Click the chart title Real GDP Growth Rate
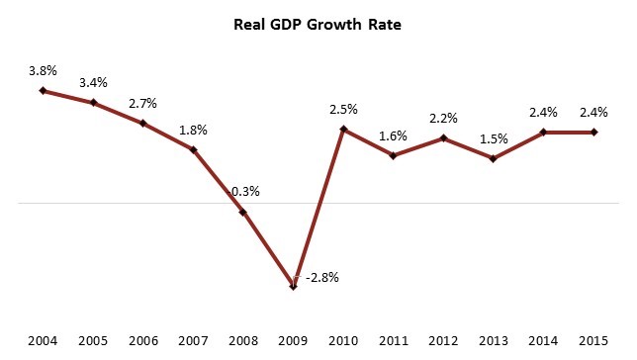(x=318, y=25)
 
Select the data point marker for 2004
(x=43, y=91)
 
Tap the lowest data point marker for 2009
(x=294, y=286)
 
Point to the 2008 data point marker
(x=243, y=212)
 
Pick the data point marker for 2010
(x=343, y=130)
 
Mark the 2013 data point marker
(x=494, y=158)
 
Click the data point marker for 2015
(x=593, y=133)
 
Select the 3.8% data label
(x=43, y=71)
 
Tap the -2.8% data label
(x=322, y=278)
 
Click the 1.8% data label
(x=194, y=131)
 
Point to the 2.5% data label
(x=343, y=110)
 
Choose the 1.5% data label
(x=494, y=139)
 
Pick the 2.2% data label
(x=443, y=119)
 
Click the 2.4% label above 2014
(x=543, y=112)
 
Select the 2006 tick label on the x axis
(x=143, y=340)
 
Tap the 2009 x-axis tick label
(x=293, y=340)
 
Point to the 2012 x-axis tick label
(x=443, y=340)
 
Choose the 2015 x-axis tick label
(x=593, y=340)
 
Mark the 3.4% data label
(x=93, y=83)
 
